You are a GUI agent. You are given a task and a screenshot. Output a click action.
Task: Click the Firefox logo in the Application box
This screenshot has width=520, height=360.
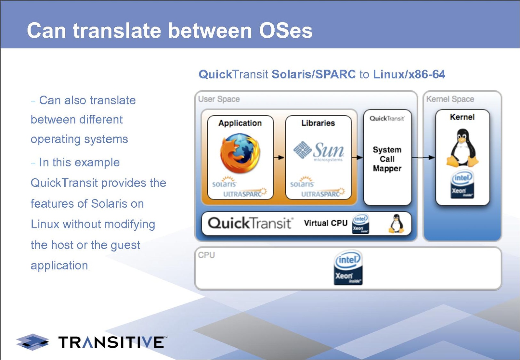tap(240, 153)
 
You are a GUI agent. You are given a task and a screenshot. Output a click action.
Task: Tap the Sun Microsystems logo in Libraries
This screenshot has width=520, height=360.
tap(319, 151)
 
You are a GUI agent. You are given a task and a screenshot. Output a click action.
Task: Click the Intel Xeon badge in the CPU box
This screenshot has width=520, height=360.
tap(348, 267)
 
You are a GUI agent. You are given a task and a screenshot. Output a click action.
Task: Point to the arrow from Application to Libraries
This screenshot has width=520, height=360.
tap(279, 158)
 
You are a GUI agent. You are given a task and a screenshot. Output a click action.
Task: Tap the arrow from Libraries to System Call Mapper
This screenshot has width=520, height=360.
tap(357, 158)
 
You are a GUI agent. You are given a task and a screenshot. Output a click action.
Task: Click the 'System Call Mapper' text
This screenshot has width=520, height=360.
tap(387, 159)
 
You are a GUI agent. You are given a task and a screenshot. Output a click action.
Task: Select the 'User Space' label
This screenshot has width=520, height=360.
tap(219, 99)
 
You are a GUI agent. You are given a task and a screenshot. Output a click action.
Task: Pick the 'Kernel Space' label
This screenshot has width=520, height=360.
tap(450, 99)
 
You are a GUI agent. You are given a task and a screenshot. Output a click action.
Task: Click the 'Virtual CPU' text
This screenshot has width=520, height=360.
tap(326, 223)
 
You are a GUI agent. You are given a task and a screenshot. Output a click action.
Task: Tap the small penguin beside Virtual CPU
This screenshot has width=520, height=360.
tap(396, 224)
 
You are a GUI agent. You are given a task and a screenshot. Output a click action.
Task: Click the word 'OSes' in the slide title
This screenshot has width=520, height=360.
tap(286, 31)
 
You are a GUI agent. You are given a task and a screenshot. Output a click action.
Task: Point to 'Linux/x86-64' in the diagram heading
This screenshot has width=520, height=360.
tap(409, 74)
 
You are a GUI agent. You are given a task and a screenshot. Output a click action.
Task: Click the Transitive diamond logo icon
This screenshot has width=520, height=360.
tap(33, 342)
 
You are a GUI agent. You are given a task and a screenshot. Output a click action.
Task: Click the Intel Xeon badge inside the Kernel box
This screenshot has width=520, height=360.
tap(462, 184)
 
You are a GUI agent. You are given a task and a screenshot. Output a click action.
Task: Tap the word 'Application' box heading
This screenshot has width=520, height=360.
tap(240, 123)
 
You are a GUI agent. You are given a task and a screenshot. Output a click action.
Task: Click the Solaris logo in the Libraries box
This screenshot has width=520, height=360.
tap(302, 182)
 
